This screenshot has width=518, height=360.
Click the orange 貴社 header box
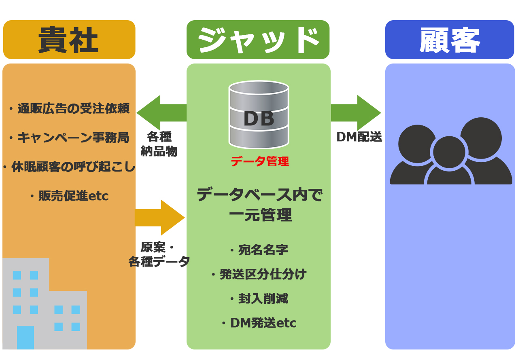click(x=69, y=40)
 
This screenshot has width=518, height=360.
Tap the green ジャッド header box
click(x=258, y=40)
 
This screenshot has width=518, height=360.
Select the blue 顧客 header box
click(x=450, y=40)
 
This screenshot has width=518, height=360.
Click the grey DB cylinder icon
click(x=259, y=114)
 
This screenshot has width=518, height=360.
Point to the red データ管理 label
click(x=260, y=161)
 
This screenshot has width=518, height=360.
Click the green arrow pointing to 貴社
click(x=161, y=113)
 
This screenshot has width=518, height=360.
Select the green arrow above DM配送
click(x=356, y=113)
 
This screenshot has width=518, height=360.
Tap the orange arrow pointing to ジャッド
click(x=160, y=218)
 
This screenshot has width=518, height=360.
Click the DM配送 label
click(x=359, y=137)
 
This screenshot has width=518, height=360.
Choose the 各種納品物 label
click(x=159, y=144)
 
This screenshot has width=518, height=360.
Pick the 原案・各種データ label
click(x=159, y=255)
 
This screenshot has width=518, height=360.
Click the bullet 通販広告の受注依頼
click(x=69, y=108)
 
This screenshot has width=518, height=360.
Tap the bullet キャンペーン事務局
click(x=69, y=138)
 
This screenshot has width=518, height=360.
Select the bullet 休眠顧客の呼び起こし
click(x=69, y=167)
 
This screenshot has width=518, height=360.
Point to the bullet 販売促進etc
click(x=69, y=196)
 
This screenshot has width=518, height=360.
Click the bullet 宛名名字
click(x=259, y=250)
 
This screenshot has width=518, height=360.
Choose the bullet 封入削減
click(x=259, y=298)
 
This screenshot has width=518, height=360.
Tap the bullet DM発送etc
click(x=259, y=323)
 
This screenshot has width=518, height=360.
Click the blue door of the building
click(x=25, y=338)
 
